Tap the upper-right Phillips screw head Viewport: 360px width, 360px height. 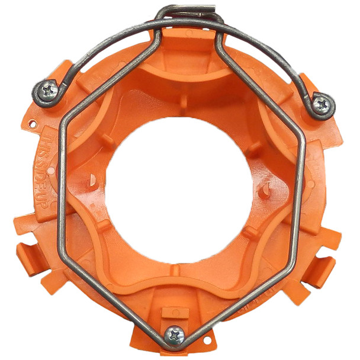[x=322, y=105]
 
